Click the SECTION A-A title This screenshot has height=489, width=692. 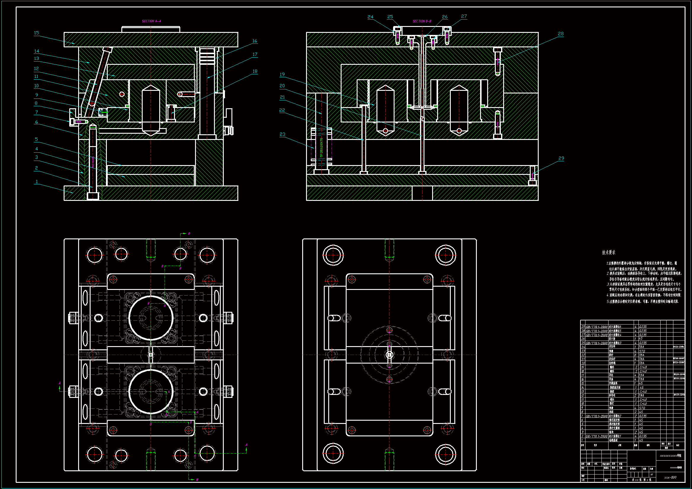(x=151, y=21)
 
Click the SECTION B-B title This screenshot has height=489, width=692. (x=422, y=21)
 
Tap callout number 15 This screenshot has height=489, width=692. (x=36, y=33)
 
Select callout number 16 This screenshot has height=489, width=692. (x=255, y=41)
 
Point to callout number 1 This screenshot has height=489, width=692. (x=37, y=182)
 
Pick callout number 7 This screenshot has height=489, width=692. (x=36, y=112)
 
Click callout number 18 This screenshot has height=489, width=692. (x=255, y=71)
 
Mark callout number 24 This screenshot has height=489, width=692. (x=370, y=17)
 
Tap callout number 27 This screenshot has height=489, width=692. (x=464, y=16)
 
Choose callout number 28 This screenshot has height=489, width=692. (x=561, y=34)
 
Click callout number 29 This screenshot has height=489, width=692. (x=561, y=158)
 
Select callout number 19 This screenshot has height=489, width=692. (x=282, y=75)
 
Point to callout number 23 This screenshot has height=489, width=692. (x=282, y=134)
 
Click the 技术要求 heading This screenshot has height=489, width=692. (x=609, y=252)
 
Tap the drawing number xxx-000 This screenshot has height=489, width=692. (x=670, y=477)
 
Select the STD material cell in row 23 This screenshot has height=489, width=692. (x=642, y=351)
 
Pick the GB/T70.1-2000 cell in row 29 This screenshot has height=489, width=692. (x=596, y=327)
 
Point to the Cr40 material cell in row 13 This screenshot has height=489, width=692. (x=643, y=391)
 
